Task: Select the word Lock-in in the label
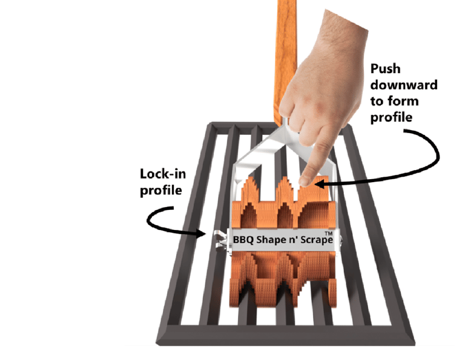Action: point(162,175)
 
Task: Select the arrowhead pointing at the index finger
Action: point(321,181)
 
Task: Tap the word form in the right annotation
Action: point(414,100)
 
